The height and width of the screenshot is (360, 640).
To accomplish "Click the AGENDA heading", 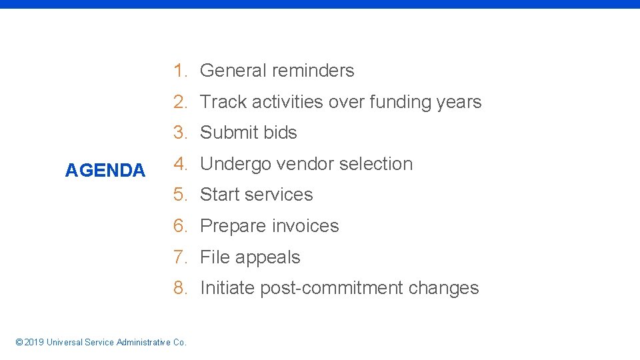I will pos(105,171).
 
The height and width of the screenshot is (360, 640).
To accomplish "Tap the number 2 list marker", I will pos(179,102).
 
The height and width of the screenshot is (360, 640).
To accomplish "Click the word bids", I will pos(280,133).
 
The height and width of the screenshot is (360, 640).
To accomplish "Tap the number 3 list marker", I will pos(179,133).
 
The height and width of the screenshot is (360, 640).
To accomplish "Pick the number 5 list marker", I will pos(179,195).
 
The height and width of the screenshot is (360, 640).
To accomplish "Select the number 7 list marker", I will pos(179,257).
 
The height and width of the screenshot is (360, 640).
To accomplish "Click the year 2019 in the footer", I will pos(33,343).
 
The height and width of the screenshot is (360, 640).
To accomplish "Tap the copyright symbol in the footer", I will pos(18,343).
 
